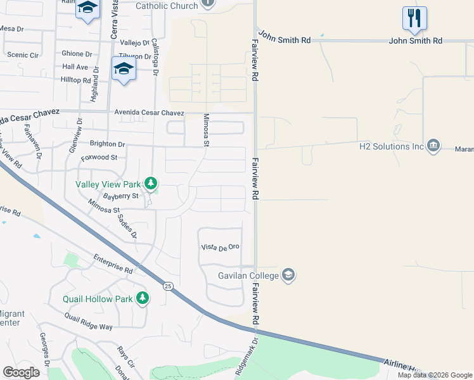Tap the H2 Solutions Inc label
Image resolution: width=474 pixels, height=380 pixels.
(x=391, y=146)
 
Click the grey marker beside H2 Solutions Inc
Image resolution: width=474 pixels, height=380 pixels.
(x=434, y=146)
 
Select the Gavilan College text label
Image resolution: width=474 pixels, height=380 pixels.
(x=248, y=275)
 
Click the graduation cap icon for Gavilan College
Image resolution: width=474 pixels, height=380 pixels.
(x=288, y=275)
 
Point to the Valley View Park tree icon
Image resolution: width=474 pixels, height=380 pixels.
(x=151, y=184)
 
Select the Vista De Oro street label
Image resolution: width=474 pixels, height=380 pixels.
(x=220, y=247)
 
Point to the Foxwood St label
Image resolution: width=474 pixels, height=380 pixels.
(x=99, y=157)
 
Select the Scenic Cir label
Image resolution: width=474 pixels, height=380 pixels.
(x=22, y=55)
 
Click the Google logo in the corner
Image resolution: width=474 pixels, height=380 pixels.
(x=21, y=372)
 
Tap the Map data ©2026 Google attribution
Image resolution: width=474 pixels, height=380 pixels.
(x=434, y=375)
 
